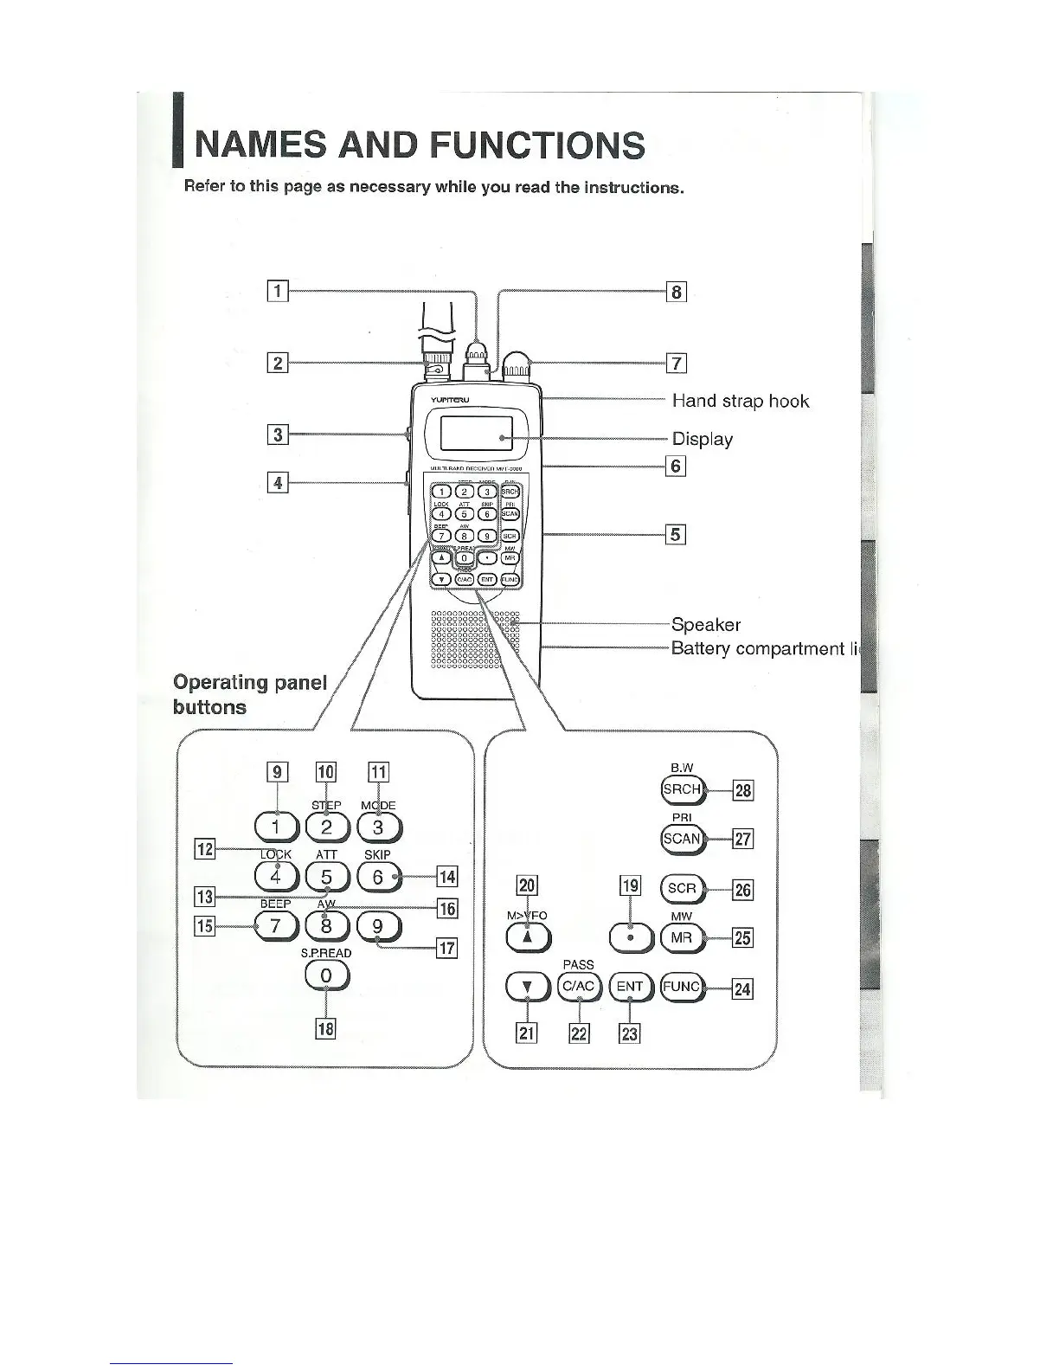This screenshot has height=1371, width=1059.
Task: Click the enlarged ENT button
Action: (630, 987)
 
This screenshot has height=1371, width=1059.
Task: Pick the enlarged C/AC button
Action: (579, 987)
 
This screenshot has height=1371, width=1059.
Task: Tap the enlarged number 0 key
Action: (326, 975)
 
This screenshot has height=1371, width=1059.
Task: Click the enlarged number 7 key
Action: (276, 926)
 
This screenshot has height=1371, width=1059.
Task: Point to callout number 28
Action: (743, 790)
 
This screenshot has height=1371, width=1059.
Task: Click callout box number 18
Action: (326, 1029)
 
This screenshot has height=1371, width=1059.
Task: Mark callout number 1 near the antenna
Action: (278, 291)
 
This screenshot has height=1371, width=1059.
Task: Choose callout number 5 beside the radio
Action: (676, 534)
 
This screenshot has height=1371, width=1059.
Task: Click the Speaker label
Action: (706, 625)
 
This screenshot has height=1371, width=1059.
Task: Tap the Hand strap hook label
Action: (741, 401)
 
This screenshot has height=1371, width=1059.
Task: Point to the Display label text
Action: (703, 439)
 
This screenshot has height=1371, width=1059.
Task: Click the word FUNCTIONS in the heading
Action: (536, 145)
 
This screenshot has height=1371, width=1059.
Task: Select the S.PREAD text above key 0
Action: (326, 953)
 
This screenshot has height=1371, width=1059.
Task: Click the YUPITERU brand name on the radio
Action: (450, 400)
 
